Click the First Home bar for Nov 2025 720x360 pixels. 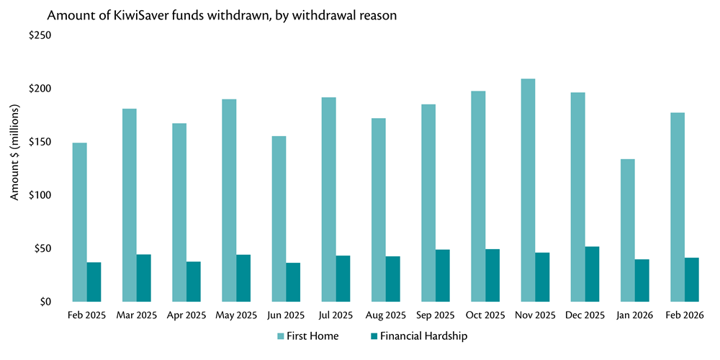tap(528, 190)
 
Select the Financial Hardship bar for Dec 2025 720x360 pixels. tap(592, 274)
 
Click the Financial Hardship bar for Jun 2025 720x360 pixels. tap(293, 282)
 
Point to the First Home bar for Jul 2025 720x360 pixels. tap(328, 199)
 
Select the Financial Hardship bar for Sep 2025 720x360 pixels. tap(442, 276)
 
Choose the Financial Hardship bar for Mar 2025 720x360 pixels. tap(143, 278)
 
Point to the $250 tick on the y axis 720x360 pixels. tap(40, 35)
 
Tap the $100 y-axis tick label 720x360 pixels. tap(40, 195)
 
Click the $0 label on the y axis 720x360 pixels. tap(45, 302)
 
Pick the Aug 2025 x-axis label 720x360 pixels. tap(385, 315)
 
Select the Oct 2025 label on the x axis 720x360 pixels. tap(485, 315)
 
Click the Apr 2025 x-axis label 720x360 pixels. tap(186, 315)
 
